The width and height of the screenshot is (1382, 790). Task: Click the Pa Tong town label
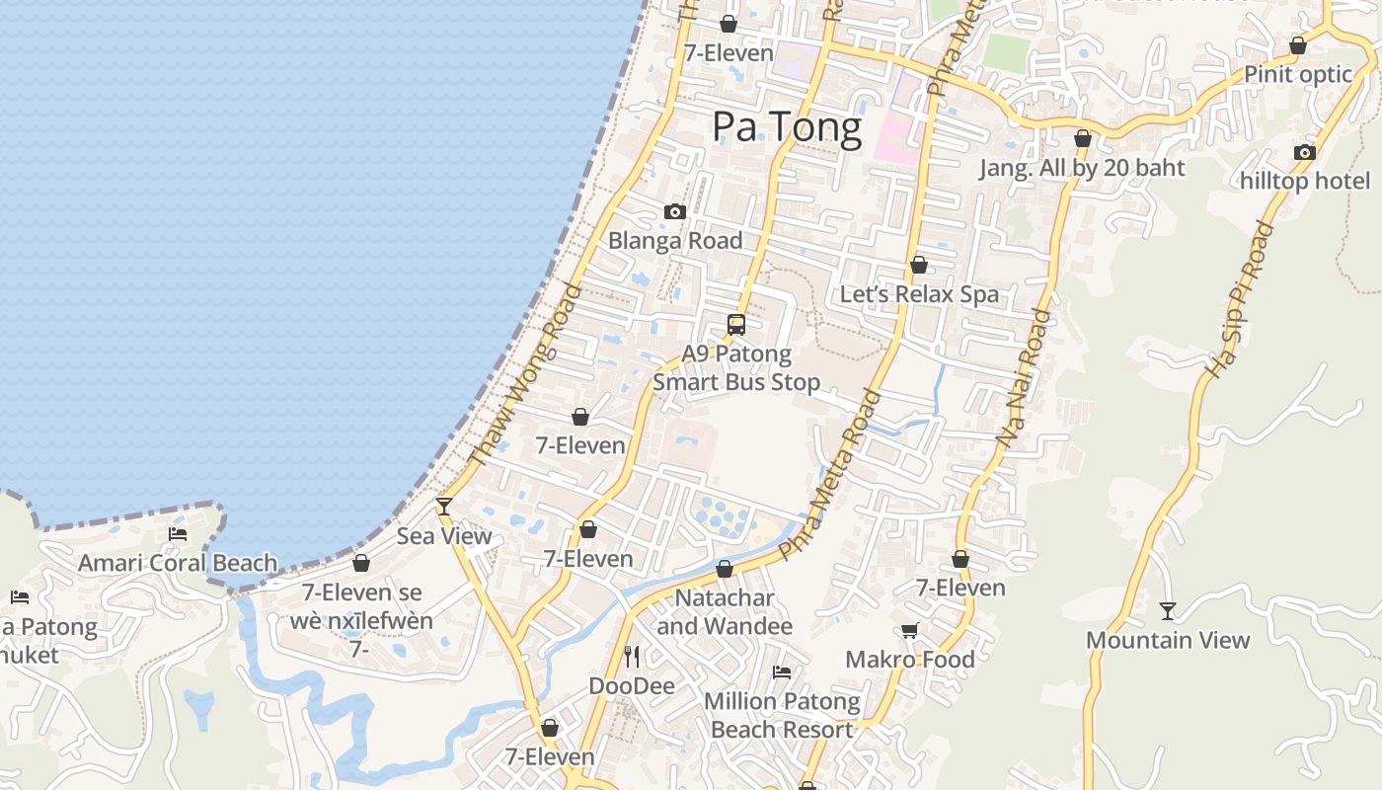[x=787, y=127]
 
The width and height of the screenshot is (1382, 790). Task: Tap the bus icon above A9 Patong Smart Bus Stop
[x=736, y=324]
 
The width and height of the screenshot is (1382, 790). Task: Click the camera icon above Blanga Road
[x=675, y=211]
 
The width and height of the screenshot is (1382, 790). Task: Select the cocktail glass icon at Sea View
[x=444, y=507]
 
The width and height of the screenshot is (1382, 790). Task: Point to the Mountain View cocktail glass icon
[x=1168, y=611]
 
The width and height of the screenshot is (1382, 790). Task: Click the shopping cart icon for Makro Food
[x=909, y=630]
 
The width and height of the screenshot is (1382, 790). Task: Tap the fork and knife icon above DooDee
[x=632, y=656]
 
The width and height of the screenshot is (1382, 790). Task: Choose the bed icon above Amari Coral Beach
[x=178, y=534]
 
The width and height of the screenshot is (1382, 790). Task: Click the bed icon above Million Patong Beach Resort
[x=782, y=671]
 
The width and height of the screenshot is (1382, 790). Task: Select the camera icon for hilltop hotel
[x=1305, y=152]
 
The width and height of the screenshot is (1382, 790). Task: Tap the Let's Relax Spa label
[x=919, y=294]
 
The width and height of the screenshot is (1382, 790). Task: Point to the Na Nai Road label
[x=1023, y=379]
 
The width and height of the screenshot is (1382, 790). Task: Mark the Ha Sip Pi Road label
[x=1240, y=299]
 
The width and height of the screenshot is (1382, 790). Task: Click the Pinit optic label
[x=1297, y=74]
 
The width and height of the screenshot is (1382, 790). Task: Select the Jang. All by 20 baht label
[x=1082, y=168]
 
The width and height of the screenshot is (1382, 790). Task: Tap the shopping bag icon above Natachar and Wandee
[x=725, y=569]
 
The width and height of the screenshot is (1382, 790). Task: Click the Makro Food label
[x=909, y=660]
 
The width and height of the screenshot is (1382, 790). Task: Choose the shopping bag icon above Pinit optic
[x=1298, y=45]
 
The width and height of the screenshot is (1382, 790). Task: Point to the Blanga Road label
[x=675, y=240]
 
